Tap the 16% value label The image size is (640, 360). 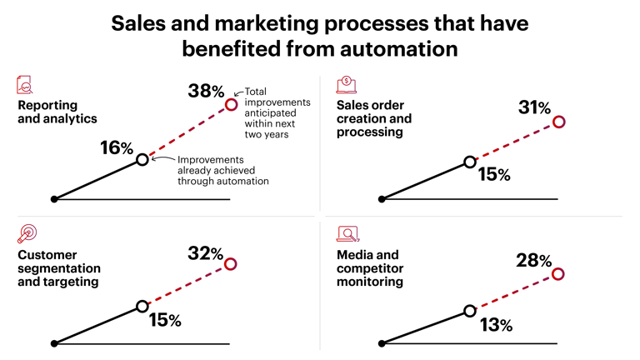click(116, 148)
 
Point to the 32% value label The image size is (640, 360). click(204, 253)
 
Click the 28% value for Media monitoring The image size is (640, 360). click(534, 261)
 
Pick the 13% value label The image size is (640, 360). click(495, 325)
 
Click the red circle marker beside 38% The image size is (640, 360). click(232, 104)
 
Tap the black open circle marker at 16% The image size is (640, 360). click(142, 159)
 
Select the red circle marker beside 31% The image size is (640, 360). click(559, 122)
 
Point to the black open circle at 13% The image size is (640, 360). click(470, 311)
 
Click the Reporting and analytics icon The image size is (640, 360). click(26, 85)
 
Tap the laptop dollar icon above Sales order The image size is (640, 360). click(346, 85)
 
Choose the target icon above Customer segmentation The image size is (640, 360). click(27, 234)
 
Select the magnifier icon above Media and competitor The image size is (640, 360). click(347, 234)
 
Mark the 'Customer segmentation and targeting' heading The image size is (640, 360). click(59, 268)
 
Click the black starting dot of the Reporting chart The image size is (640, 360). click(54, 199)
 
